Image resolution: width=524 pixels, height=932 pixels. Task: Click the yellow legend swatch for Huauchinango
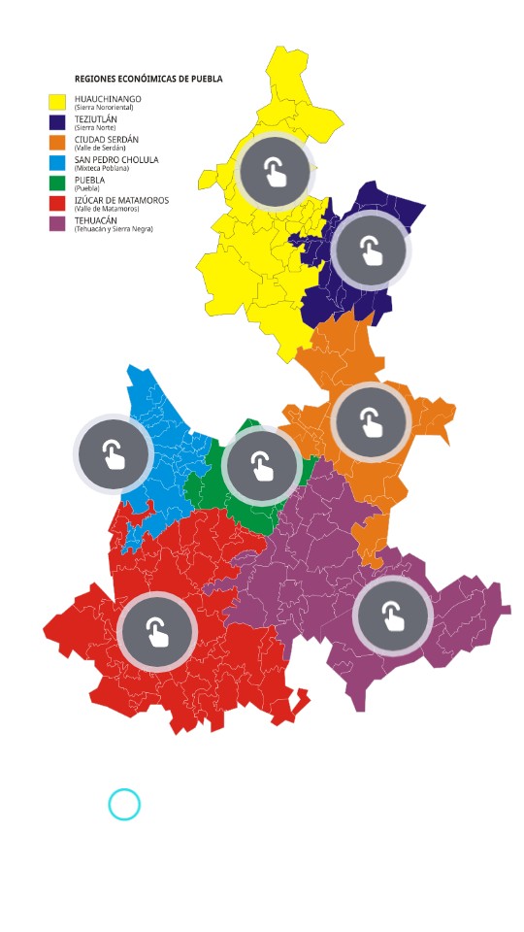point(57,101)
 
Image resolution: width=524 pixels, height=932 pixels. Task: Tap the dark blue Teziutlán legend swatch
point(57,121)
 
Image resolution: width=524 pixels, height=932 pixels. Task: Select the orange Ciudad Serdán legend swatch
point(57,142)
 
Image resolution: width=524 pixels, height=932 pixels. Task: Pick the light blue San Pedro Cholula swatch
point(57,162)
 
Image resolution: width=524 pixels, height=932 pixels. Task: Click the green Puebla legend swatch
point(57,183)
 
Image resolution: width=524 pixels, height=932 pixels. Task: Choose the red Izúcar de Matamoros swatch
point(57,203)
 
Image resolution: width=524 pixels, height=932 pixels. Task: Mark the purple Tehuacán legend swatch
point(57,223)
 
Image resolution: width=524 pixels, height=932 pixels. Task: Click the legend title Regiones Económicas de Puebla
point(148,78)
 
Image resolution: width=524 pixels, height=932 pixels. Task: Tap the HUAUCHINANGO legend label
point(108,98)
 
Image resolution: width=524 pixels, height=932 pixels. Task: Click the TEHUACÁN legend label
point(96,220)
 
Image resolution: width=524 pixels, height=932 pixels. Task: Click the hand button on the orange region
point(371,420)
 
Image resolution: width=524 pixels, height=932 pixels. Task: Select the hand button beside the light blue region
point(115,454)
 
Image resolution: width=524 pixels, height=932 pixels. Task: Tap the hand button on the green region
point(261,466)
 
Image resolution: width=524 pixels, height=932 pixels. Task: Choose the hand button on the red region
point(157,632)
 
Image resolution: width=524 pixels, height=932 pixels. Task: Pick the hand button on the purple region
point(392,616)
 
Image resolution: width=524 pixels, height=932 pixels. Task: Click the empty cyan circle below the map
point(124,805)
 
